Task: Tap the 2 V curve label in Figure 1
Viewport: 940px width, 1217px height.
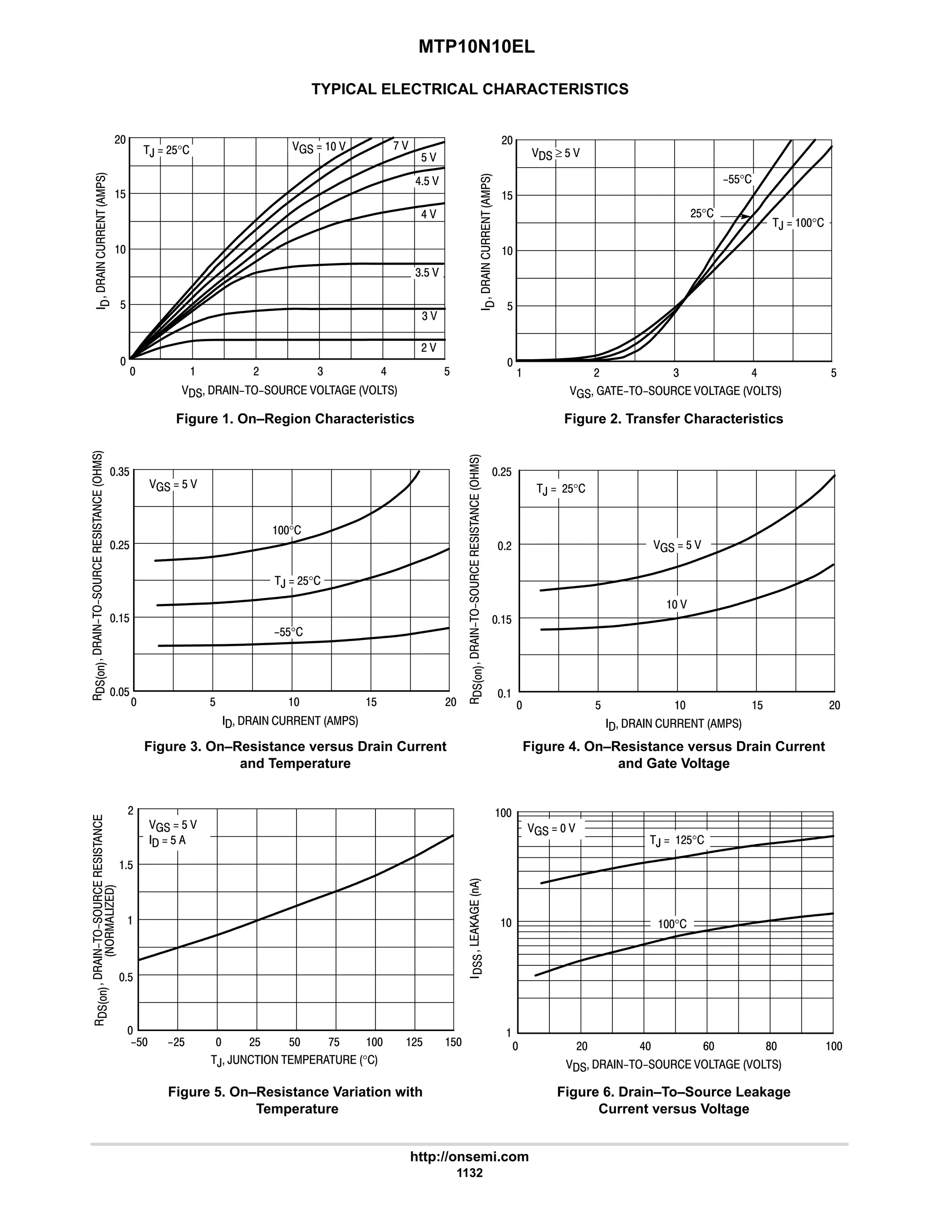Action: click(x=428, y=348)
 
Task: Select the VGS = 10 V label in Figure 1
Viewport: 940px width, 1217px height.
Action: click(x=319, y=146)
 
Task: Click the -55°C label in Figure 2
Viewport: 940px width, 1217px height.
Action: click(x=737, y=180)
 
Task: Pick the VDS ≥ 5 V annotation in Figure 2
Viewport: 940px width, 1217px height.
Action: click(x=555, y=153)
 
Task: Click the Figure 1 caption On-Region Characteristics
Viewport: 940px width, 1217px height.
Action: click(x=295, y=418)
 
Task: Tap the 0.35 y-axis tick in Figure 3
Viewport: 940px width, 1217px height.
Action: click(x=120, y=472)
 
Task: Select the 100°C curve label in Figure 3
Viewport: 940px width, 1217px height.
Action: click(x=286, y=530)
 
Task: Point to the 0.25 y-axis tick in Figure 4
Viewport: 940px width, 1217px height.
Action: click(x=501, y=473)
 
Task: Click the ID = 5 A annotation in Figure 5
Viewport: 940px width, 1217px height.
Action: click(x=167, y=840)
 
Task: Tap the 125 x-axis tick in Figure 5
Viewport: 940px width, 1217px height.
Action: click(x=414, y=1042)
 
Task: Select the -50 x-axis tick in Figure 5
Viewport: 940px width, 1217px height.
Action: click(x=139, y=1042)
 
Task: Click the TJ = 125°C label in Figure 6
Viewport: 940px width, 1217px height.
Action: click(x=677, y=840)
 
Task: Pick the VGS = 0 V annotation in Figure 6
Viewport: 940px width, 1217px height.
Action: click(x=551, y=829)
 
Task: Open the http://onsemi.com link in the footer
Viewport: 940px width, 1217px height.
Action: click(x=469, y=1157)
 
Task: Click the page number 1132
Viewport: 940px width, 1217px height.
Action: click(x=470, y=1172)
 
